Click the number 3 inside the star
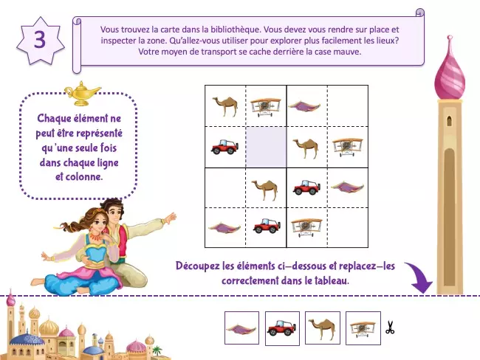point(40,40)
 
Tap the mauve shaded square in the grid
point(266,147)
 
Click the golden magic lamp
point(81,93)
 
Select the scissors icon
point(390,328)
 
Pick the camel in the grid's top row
point(225,106)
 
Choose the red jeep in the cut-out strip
point(282,328)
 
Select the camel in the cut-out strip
point(323,328)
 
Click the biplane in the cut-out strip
point(363,329)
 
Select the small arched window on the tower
point(449,121)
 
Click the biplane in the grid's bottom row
point(306,227)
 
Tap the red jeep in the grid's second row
point(224,147)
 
